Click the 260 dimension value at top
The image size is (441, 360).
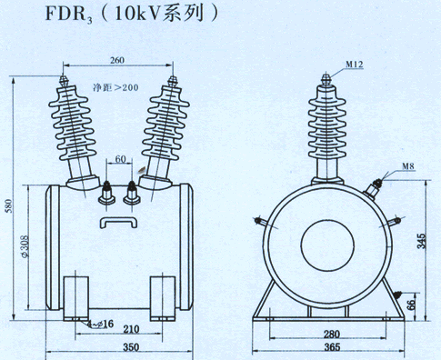(117, 60)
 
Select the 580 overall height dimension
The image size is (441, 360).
(9, 205)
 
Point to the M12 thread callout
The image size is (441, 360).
(355, 65)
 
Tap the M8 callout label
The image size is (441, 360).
(408, 166)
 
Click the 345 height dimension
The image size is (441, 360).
(421, 241)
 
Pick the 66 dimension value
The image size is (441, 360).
(411, 305)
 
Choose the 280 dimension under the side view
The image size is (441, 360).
(332, 335)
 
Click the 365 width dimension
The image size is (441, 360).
(332, 347)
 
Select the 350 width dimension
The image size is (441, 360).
(131, 347)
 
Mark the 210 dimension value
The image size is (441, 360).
(131, 329)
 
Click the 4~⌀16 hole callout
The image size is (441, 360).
(100, 325)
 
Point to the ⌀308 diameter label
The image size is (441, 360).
(25, 246)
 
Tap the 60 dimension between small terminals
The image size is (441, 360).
(120, 159)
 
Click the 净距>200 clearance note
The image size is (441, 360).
(115, 87)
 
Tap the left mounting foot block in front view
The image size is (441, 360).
(75, 298)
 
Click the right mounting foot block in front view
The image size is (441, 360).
(163, 298)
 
